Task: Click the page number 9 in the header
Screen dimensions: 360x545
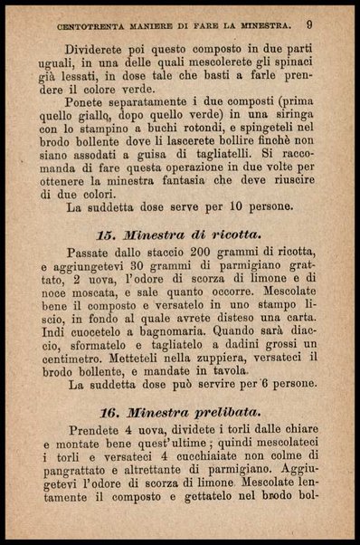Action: pos(309,24)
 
